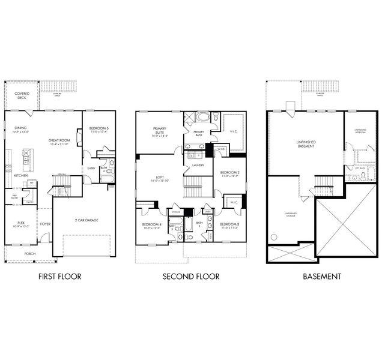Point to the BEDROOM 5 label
pyautogui.click(x=99, y=130)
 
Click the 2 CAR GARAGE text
pyautogui.click(x=86, y=220)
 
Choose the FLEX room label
pyautogui.click(x=21, y=225)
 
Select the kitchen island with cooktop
pyautogui.click(x=26, y=159)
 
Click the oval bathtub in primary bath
pyautogui.click(x=202, y=117)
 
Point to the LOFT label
pyautogui.click(x=159, y=178)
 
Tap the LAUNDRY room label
pyautogui.click(x=198, y=165)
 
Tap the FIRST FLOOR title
pyautogui.click(x=59, y=277)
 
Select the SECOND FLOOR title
pyautogui.click(x=190, y=277)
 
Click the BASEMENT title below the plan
pyautogui.click(x=322, y=277)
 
